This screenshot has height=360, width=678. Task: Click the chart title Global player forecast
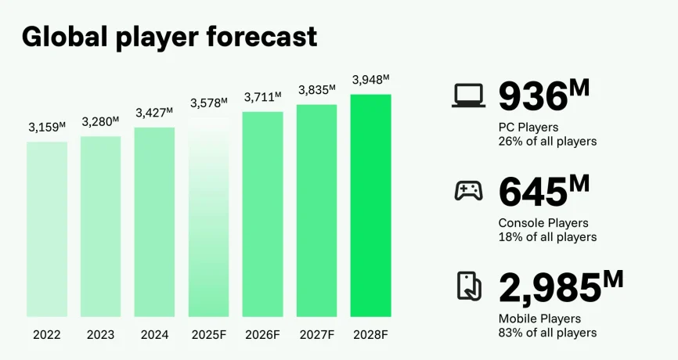(169, 36)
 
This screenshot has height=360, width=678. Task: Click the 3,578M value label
(208, 103)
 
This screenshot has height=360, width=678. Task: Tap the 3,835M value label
(316, 90)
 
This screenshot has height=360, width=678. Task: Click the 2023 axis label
(100, 335)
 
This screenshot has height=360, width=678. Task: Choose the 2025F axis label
(208, 335)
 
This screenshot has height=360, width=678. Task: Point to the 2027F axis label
(316, 335)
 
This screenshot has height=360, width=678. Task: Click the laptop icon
(469, 95)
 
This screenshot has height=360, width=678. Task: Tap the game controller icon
(469, 191)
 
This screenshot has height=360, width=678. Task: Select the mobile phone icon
(469, 286)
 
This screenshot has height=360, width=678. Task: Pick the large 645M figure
(543, 193)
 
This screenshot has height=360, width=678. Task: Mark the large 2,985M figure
(561, 287)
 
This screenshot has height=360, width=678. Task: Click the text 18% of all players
(547, 237)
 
